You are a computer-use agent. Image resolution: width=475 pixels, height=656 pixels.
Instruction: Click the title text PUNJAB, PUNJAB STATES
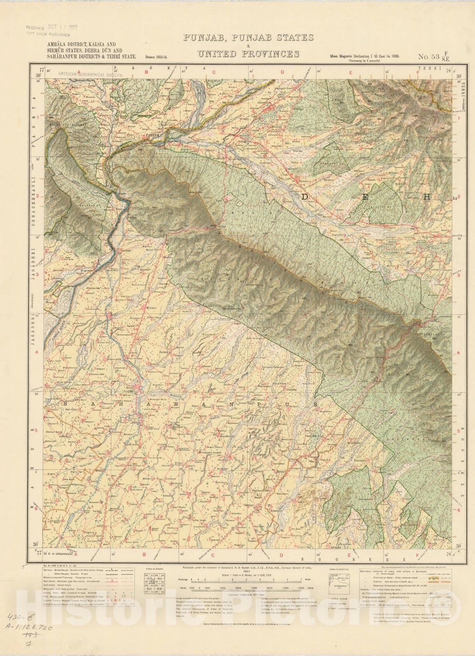click(248, 38)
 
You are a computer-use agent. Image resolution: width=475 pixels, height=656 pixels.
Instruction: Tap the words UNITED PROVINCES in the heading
click(248, 54)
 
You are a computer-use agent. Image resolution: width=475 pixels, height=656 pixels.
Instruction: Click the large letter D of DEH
click(305, 197)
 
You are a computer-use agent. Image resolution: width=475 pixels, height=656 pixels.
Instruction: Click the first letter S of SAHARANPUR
click(66, 404)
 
